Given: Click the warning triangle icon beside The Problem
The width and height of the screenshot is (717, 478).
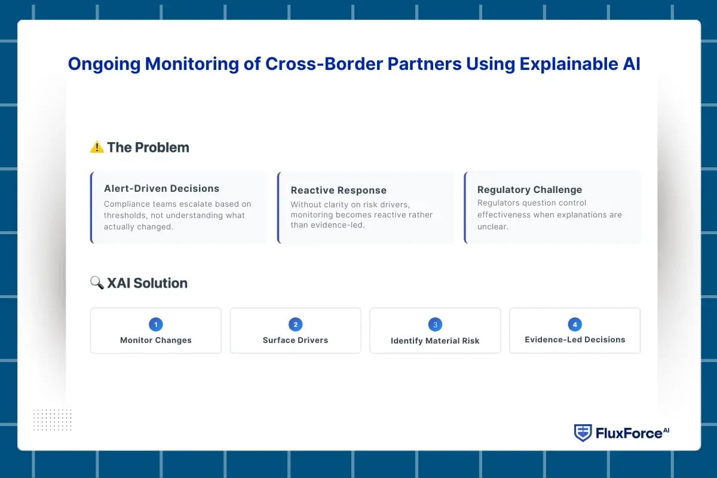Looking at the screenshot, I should coord(97,147).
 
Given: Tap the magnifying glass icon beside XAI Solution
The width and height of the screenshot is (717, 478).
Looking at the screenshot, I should coord(97,283).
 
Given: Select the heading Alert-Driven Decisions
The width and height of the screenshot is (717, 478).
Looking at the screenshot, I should coord(161,188).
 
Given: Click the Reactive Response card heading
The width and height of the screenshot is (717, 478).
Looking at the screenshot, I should coord(338,190).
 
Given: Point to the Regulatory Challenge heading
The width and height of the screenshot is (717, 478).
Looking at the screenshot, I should coord(529,189).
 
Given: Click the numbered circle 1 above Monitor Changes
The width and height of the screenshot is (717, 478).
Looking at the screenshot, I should coord(156,324).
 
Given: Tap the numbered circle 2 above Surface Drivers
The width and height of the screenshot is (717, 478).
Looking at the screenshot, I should coord(295,324).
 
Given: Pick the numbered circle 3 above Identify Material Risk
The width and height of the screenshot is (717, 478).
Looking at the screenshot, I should coord(435,324).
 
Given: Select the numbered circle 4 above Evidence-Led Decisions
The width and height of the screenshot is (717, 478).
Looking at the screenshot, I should coord(575,324).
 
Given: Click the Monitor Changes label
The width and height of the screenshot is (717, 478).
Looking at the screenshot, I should coord(156,340).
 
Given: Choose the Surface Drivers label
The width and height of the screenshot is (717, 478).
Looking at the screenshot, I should coord(295,340).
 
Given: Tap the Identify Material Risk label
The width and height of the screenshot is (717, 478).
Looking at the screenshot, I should coord(435,341).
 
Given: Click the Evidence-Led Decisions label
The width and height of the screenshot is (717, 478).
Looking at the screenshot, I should coord(575,339).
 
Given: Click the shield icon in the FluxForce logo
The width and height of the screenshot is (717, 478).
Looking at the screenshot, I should coord(583,433).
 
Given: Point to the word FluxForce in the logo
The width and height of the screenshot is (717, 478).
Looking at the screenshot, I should coord(628,433).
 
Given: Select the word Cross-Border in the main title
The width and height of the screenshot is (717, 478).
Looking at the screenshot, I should coord(308,64).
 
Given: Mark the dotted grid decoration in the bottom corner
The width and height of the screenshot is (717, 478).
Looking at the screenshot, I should coord(52,419).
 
